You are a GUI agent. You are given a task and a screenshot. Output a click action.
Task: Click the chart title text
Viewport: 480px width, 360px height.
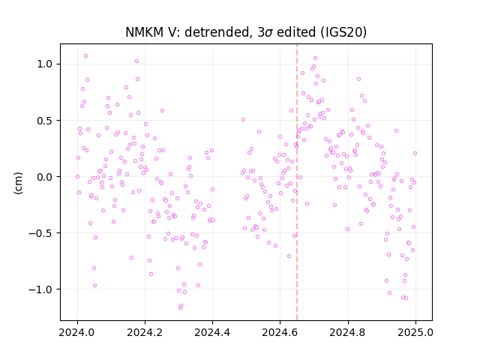tap(246, 32)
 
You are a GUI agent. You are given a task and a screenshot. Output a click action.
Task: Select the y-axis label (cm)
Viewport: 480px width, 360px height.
tap(18, 183)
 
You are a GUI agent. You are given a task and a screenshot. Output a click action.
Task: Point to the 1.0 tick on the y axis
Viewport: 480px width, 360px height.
tap(45, 64)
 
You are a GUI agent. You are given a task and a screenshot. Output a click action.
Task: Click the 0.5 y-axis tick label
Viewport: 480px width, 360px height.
tap(45, 121)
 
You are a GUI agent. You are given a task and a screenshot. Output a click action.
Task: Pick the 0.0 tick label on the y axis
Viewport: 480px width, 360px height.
tap(45, 177)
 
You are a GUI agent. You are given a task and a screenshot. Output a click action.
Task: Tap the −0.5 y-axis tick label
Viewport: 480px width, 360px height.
tap(41, 233)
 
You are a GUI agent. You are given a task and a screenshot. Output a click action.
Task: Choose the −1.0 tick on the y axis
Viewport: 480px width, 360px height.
tap(41, 289)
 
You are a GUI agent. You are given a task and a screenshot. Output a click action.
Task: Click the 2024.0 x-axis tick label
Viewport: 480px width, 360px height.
tap(77, 332)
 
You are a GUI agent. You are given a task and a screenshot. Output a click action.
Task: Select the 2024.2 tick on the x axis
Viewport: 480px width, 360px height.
tap(145, 332)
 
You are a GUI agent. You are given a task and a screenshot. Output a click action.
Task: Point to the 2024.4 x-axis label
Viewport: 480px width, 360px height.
tap(212, 332)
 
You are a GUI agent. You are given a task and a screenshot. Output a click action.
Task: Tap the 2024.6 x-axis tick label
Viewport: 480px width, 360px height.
tap(280, 332)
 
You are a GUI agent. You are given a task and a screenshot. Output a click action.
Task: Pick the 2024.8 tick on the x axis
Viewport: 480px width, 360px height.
tap(347, 332)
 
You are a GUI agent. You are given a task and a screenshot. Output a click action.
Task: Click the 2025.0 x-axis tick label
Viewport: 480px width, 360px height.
tap(415, 332)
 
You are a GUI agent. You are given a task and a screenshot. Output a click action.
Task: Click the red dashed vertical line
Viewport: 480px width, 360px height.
tap(297, 182)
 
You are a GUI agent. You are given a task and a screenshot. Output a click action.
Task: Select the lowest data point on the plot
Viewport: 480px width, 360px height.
tap(180, 307)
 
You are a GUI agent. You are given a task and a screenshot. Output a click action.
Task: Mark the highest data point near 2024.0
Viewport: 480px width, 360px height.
tap(85, 56)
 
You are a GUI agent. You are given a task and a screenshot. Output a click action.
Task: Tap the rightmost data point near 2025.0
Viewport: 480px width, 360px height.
tap(415, 153)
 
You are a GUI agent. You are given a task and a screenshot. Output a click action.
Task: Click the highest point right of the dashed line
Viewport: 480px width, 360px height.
tap(315, 58)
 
